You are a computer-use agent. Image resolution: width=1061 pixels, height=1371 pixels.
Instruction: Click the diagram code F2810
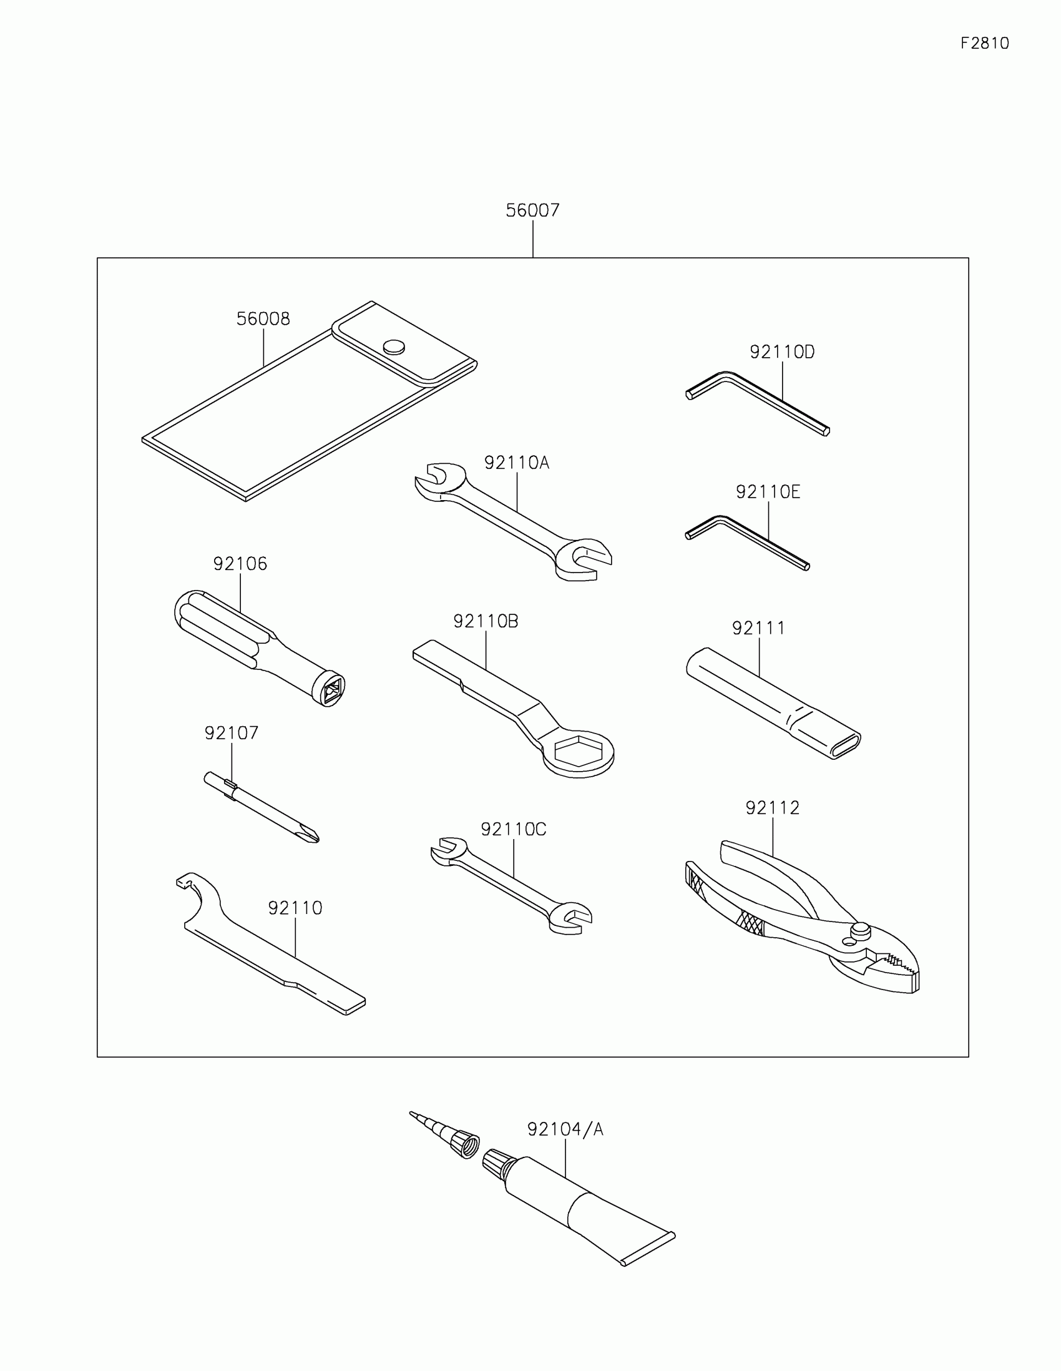pyautogui.click(x=984, y=43)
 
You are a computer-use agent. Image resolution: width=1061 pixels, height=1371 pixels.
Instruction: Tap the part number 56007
pyautogui.click(x=532, y=210)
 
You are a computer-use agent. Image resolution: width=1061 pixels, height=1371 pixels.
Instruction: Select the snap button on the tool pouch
pyautogui.click(x=394, y=346)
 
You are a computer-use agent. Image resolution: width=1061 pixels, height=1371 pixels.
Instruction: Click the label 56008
pyautogui.click(x=263, y=319)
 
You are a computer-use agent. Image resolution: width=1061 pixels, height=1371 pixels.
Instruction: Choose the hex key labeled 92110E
pyautogui.click(x=746, y=541)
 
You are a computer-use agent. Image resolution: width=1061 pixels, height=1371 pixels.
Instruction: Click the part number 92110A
pyautogui.click(x=516, y=463)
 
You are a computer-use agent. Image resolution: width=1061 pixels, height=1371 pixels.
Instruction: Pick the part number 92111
pyautogui.click(x=758, y=627)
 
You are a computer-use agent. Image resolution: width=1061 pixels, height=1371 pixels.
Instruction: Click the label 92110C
pyautogui.click(x=513, y=829)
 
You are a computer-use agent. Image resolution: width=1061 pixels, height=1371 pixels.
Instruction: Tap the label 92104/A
pyautogui.click(x=565, y=1129)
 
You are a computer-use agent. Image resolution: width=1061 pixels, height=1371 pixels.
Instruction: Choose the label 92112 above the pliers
pyautogui.click(x=773, y=808)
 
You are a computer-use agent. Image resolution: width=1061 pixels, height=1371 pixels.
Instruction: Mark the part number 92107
pyautogui.click(x=231, y=733)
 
